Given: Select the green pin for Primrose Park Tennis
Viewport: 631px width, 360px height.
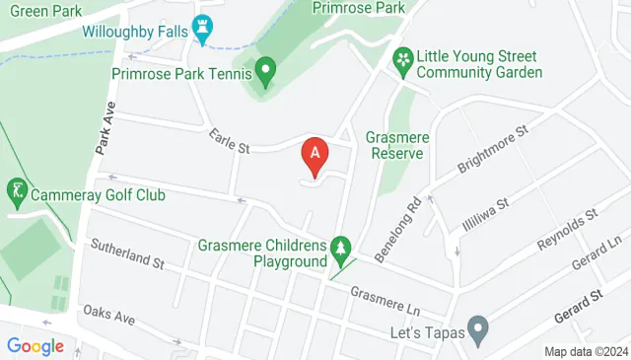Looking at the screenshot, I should click(x=264, y=70).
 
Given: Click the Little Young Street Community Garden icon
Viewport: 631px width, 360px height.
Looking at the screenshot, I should click(x=402, y=60).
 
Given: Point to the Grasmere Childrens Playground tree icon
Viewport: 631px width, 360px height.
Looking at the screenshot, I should click(x=341, y=245).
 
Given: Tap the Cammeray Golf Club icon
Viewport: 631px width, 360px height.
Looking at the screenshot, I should click(x=16, y=187).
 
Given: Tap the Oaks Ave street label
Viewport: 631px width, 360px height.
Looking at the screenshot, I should click(x=108, y=316).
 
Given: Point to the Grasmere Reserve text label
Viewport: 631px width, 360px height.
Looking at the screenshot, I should click(x=394, y=145).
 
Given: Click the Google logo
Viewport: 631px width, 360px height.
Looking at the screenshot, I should click(x=35, y=346).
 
